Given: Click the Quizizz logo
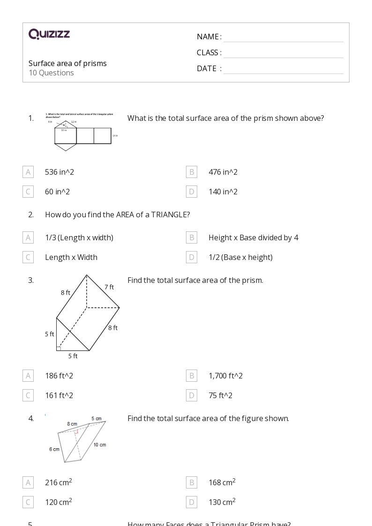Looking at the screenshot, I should (49, 34).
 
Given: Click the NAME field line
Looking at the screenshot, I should (283, 41).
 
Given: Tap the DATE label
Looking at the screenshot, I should (207, 68).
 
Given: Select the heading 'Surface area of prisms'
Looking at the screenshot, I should (67, 63).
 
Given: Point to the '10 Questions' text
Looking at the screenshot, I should (51, 73).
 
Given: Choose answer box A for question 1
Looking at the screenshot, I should (28, 172).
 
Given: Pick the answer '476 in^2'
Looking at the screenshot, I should (223, 172).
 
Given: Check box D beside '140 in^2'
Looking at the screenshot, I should (192, 192).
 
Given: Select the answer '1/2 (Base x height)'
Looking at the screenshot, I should (240, 257).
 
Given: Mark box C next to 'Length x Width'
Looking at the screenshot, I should (28, 257).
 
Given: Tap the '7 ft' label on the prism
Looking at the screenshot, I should (109, 287).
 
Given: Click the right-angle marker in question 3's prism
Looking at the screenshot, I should (59, 348).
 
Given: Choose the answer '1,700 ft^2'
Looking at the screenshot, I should (225, 376).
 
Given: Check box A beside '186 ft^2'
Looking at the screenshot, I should (28, 376).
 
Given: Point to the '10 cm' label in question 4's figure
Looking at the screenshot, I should (99, 445).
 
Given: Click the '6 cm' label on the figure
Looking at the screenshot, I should (54, 449).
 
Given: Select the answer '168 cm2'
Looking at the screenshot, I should (222, 482).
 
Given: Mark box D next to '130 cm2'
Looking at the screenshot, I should (192, 502).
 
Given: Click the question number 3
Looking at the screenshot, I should (31, 280).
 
